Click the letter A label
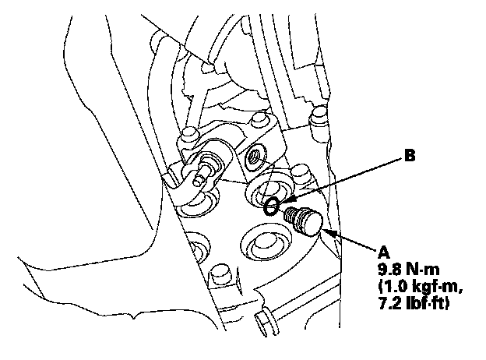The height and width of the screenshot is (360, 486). click(382, 252)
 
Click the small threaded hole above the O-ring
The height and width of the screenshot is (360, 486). click(253, 159)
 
